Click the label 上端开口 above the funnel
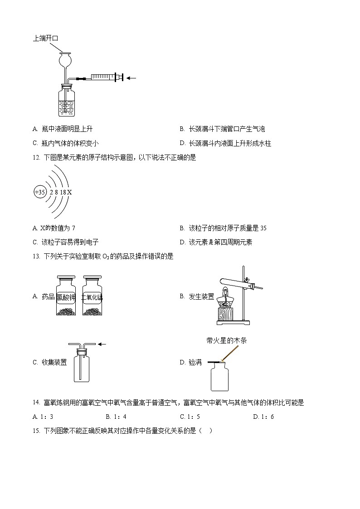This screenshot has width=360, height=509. [46, 39]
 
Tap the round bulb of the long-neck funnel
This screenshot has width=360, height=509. [66, 59]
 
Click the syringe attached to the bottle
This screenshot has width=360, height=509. [103, 78]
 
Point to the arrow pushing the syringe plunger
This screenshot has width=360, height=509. [131, 78]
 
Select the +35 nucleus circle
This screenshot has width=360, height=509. [40, 192]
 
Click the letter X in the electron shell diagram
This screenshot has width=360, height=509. [70, 192]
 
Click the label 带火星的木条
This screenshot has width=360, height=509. [226, 340]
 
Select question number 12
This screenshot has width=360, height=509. [36, 157]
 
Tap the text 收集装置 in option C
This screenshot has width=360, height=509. [54, 362]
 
